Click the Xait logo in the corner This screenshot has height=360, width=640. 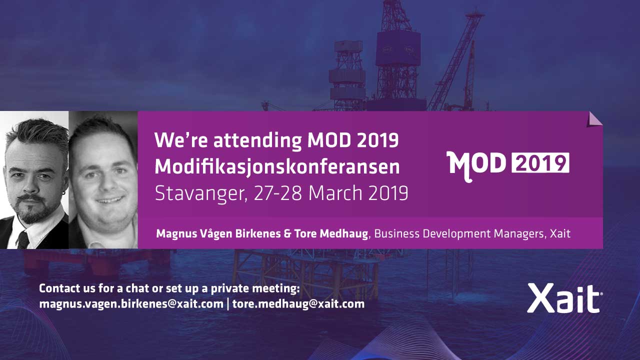click(x=565, y=298)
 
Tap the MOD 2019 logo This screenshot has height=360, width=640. click(x=508, y=166)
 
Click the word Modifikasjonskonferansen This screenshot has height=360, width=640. click(x=277, y=167)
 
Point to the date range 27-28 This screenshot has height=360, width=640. click(x=277, y=193)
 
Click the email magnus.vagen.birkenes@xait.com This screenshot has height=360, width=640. click(x=131, y=303)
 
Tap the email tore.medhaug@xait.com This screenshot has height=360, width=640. click(x=298, y=303)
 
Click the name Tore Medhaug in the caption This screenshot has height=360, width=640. click(x=331, y=233)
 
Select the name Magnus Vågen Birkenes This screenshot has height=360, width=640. click(x=218, y=233)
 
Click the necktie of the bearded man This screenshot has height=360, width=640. click(x=23, y=240)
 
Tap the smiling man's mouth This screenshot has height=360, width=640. click(x=110, y=199)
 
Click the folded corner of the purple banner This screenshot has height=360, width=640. click(x=594, y=119)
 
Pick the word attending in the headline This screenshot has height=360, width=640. click(x=257, y=140)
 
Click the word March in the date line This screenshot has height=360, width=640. click(x=335, y=193)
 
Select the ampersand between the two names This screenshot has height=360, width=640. click(x=287, y=233)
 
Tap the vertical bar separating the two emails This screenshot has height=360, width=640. click(x=227, y=304)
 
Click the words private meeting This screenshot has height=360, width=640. click(x=255, y=289)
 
